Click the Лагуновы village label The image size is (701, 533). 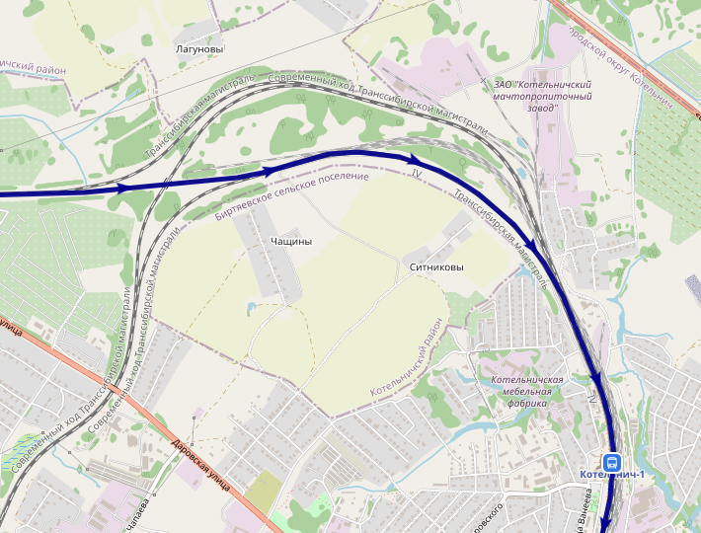[x=198, y=48]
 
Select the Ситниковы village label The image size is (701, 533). [x=435, y=266]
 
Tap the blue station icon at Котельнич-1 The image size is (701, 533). [x=612, y=462]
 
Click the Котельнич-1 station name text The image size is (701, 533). [x=613, y=476]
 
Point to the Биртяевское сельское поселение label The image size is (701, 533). [x=291, y=196]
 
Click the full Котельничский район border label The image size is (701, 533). [x=408, y=359]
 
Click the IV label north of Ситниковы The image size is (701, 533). [x=416, y=174]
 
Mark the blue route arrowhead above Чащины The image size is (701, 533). [x=269, y=171]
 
